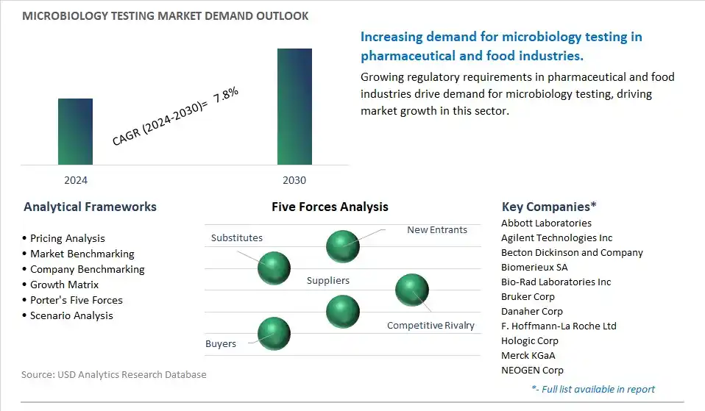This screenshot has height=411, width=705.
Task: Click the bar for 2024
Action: pyautogui.click(x=76, y=132)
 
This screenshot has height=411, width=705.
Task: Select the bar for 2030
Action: pyautogui.click(x=294, y=107)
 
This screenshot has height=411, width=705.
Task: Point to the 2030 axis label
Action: pyautogui.click(x=294, y=180)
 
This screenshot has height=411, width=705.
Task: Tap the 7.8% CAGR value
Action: pyautogui.click(x=226, y=99)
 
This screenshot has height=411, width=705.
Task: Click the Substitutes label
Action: pyautogui.click(x=236, y=237)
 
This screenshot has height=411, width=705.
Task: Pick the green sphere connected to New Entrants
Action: pyautogui.click(x=343, y=246)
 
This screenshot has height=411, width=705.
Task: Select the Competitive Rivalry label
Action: pyautogui.click(x=431, y=325)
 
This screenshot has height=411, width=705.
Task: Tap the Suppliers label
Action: pyautogui.click(x=328, y=280)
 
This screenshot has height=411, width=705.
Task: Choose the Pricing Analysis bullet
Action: pyautogui.click(x=67, y=238)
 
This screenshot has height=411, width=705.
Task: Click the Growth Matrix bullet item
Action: pyautogui.click(x=64, y=285)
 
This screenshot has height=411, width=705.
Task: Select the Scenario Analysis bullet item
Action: pyautogui.click(x=71, y=315)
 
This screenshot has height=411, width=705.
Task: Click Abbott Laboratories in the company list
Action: pyautogui.click(x=546, y=223)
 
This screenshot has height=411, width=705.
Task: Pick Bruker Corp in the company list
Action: pyautogui.click(x=528, y=296)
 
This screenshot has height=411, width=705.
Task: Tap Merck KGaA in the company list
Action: pyautogui.click(x=528, y=355)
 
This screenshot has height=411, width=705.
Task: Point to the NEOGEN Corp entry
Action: pyautogui.click(x=532, y=370)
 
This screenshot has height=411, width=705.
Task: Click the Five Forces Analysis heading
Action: pyautogui.click(x=330, y=207)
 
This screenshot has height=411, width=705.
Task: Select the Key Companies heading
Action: pyautogui.click(x=549, y=207)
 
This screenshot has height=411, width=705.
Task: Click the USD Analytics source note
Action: pyautogui.click(x=114, y=374)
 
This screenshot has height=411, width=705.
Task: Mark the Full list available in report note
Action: pyautogui.click(x=592, y=389)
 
